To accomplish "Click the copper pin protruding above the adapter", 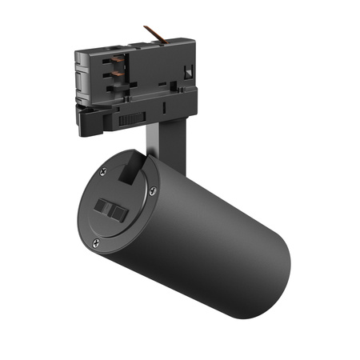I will click(154, 34).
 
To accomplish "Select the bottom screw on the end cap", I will click(96, 242).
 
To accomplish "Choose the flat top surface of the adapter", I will click(144, 44).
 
